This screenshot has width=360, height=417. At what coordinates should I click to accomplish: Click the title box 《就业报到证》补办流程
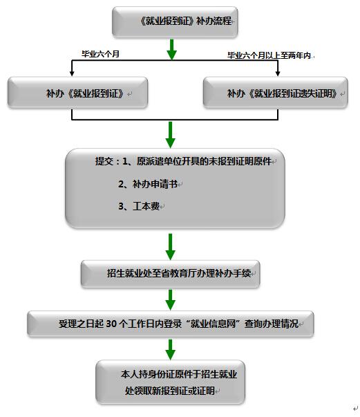[175, 22]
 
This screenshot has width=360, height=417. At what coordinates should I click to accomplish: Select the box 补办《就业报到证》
[77, 93]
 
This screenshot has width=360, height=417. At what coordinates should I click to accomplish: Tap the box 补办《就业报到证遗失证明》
[276, 93]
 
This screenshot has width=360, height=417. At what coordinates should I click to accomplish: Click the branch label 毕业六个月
[100, 54]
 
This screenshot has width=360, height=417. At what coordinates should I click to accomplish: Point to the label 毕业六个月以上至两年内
[269, 55]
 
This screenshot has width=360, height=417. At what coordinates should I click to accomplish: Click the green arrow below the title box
[171, 50]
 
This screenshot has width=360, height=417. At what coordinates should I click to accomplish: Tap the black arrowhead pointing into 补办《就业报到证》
[72, 73]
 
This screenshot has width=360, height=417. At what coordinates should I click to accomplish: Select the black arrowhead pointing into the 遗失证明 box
[278, 73]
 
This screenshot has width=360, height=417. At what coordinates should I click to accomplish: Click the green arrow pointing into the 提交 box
[170, 135]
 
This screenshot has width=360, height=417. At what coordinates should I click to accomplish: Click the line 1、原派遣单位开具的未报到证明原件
[197, 161]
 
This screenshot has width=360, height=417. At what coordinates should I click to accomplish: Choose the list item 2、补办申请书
[148, 184]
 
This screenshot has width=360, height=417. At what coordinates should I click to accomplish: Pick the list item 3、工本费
[139, 206]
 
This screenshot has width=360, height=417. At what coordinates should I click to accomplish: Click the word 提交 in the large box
[104, 161]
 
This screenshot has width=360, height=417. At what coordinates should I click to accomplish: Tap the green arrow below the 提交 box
[170, 247]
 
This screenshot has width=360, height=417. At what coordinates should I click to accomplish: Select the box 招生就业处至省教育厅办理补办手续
[170, 274]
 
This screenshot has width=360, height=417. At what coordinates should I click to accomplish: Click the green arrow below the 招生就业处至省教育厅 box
[170, 300]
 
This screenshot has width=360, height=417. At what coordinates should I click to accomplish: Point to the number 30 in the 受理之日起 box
[111, 324]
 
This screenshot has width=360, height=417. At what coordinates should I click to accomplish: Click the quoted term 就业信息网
[214, 324]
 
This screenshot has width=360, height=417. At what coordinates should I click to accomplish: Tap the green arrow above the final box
[170, 350]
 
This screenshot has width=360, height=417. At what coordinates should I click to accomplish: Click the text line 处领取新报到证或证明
[169, 391]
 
